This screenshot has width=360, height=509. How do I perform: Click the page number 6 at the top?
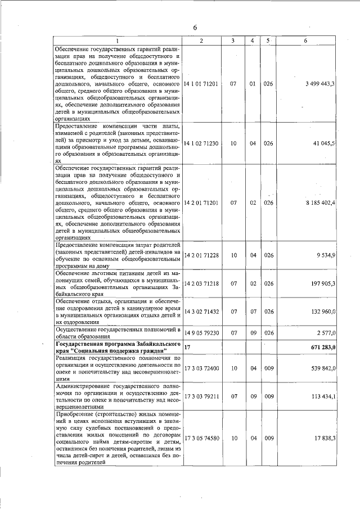click(x=195, y=28)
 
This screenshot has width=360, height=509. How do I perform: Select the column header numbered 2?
click(x=201, y=40)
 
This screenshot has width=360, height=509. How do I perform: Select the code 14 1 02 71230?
click(x=201, y=143)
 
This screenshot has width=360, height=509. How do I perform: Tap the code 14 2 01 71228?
click(x=201, y=255)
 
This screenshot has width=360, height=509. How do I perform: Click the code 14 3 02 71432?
click(x=201, y=311)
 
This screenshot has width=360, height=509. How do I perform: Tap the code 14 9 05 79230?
click(x=201, y=333)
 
